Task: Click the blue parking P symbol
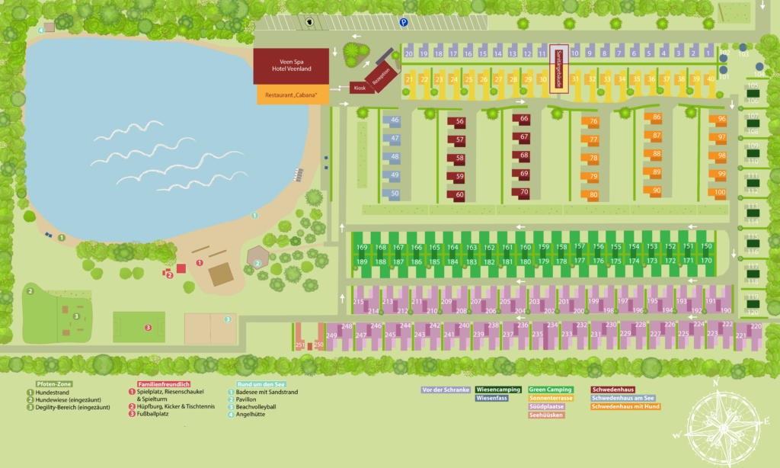click(404, 23)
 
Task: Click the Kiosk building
click(360, 88)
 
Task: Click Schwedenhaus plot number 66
click(524, 119)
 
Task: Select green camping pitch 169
click(362, 248)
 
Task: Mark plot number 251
click(299, 345)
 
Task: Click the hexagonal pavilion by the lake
click(258, 258)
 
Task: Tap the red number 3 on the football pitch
click(149, 328)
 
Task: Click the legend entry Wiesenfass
click(493, 398)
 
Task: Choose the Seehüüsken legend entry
click(546, 415)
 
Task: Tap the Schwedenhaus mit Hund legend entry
click(625, 407)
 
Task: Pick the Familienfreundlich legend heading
click(163, 383)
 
